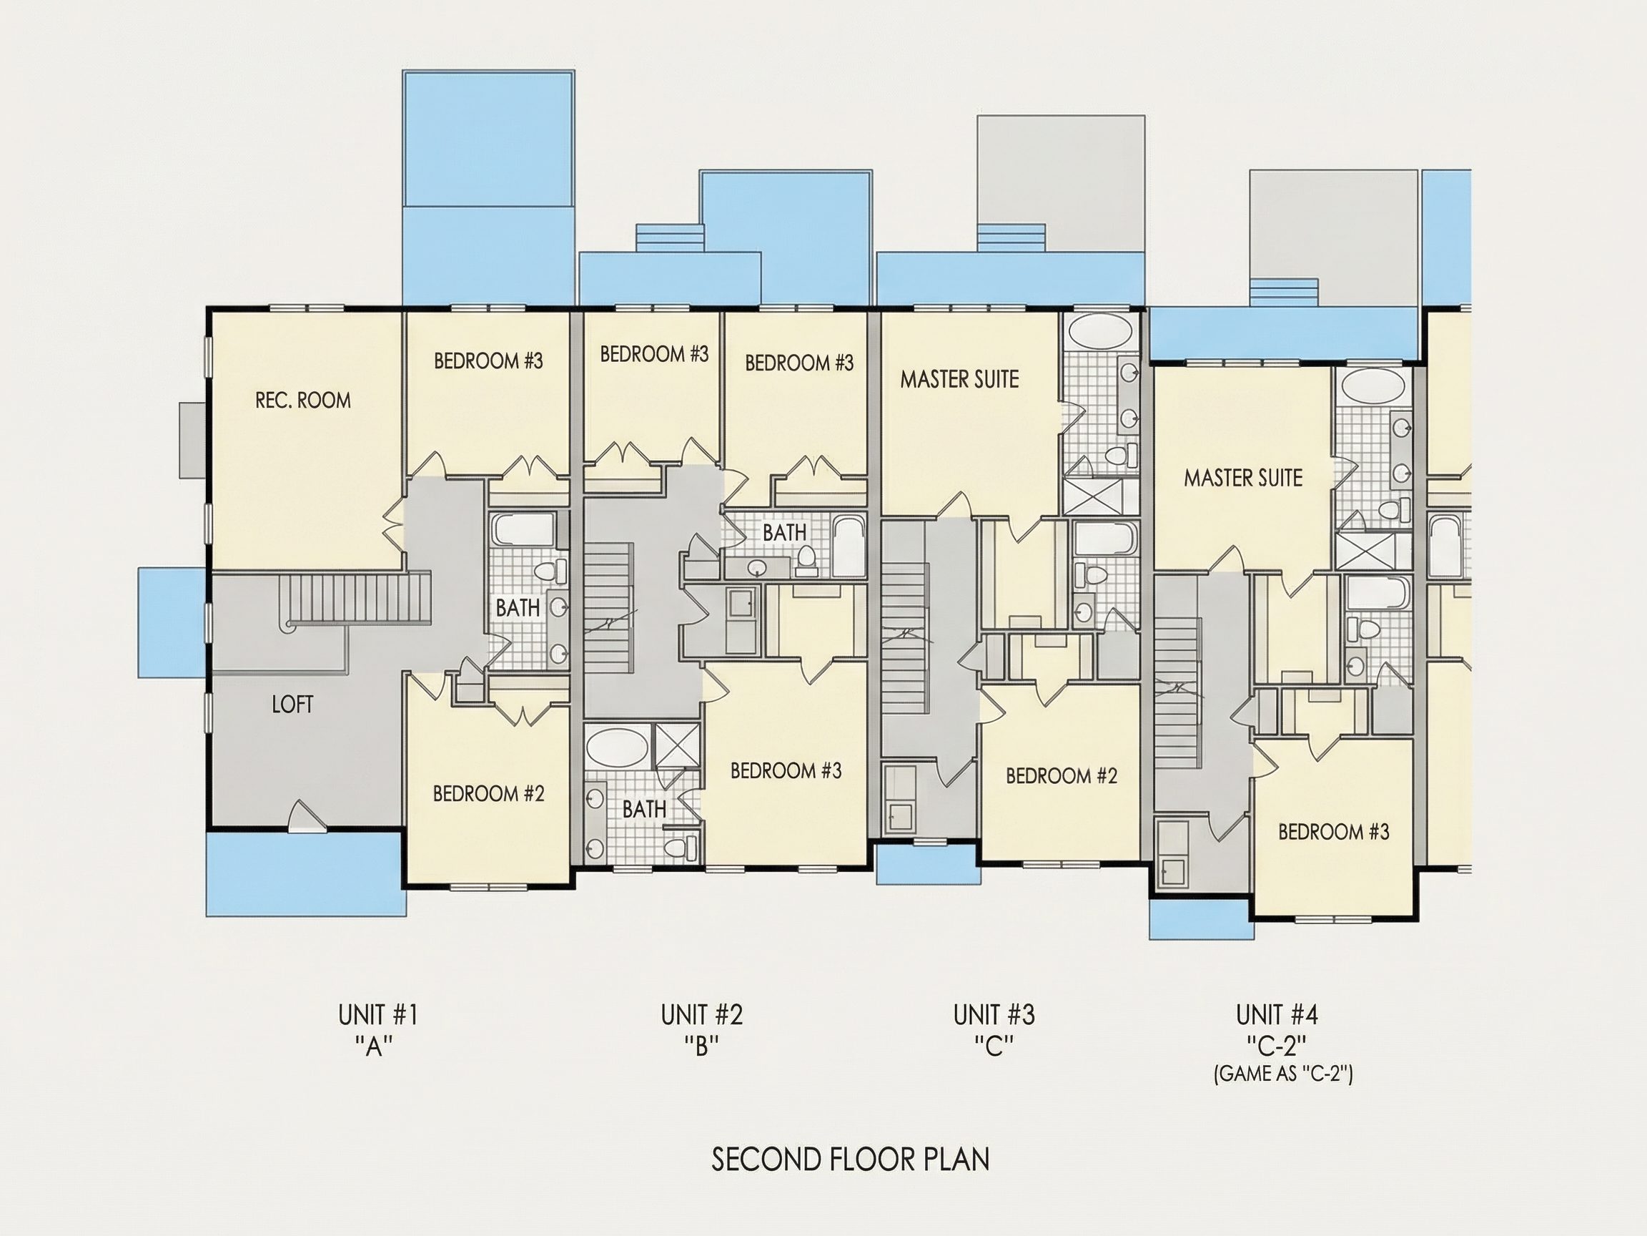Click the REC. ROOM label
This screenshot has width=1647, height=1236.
[x=303, y=401]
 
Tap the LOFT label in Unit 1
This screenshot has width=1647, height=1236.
[x=292, y=705]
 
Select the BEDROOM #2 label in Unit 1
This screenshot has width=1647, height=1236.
[x=488, y=794]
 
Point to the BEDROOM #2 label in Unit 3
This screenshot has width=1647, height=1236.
[x=1062, y=776]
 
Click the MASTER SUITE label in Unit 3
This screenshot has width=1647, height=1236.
[x=960, y=379]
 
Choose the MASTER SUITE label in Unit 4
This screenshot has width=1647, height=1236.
[x=1243, y=479]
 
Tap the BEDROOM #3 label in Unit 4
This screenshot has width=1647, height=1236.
[x=1333, y=831]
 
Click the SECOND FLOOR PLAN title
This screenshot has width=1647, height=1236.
[x=850, y=1160]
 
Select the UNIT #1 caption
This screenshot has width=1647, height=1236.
[x=378, y=1015]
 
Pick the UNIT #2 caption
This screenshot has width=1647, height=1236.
[x=702, y=1015]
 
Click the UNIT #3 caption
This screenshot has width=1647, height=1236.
[x=994, y=1015]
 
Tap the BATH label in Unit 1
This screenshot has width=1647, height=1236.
[x=518, y=608]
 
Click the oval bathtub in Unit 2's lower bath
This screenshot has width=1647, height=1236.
[x=617, y=747]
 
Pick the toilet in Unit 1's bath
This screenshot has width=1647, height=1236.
[x=549, y=573]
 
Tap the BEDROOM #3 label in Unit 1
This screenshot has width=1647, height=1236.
[x=488, y=361]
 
